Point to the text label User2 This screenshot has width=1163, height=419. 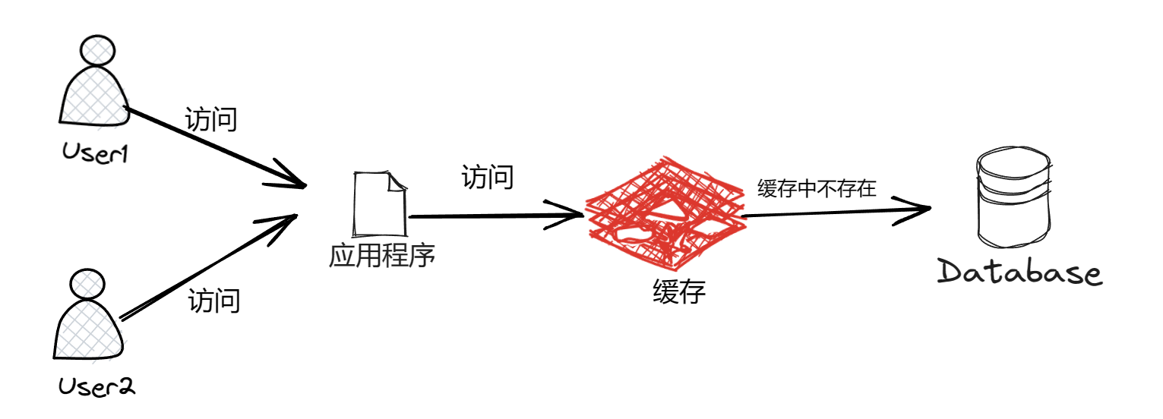click(96, 388)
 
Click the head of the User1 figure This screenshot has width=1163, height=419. click(99, 52)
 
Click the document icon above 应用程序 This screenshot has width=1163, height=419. click(380, 203)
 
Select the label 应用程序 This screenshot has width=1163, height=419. click(381, 255)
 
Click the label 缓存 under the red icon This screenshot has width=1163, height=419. click(679, 291)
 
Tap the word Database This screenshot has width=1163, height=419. click(1019, 273)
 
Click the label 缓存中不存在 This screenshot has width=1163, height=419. click(817, 189)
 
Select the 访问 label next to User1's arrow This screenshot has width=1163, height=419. click(211, 120)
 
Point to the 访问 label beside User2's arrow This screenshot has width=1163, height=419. click(214, 301)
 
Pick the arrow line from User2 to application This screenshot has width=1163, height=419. click(205, 268)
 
